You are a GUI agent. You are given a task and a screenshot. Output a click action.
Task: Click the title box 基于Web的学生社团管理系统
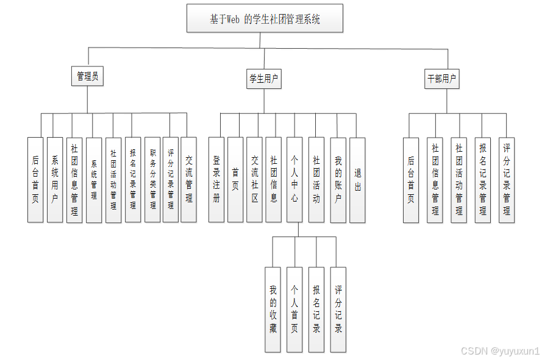265,18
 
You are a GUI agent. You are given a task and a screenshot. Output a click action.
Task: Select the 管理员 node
87,76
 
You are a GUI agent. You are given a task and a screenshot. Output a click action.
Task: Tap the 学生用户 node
264,78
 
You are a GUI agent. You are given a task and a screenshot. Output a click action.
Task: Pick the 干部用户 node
442,79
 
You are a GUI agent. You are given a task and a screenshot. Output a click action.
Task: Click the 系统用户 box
55,179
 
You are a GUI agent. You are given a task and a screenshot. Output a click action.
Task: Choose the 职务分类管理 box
152,179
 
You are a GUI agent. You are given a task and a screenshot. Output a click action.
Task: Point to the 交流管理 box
189,179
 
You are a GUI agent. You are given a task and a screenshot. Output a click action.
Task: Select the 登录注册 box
216,179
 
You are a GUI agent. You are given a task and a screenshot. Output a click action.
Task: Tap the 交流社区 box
255,179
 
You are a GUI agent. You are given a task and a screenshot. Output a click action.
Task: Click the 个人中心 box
294,179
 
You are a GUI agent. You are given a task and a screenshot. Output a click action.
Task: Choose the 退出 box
357,179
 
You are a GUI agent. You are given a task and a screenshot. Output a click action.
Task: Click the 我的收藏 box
273,309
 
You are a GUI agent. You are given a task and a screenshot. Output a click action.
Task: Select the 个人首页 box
294,309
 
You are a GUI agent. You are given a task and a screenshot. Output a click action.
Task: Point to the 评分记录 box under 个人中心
338,309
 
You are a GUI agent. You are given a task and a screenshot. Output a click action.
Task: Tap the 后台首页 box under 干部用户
411,179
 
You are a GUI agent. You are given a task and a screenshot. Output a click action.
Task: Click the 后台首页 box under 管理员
35,179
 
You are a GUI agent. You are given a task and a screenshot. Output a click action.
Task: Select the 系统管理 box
94,179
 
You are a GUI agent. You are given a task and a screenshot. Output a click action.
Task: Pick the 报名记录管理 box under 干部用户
483,179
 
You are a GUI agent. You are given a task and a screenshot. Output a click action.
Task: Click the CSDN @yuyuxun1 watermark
500,350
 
